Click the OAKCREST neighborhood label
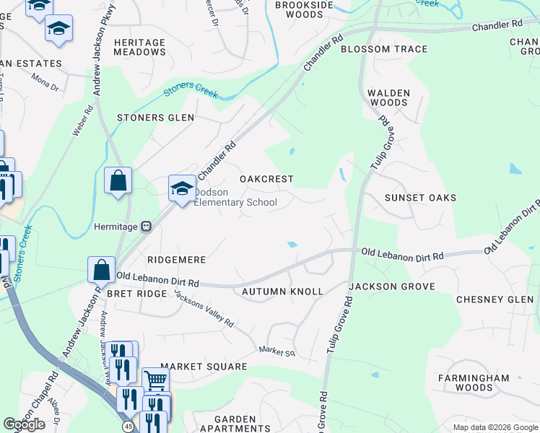tap(266, 178)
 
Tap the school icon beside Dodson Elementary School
tap(182, 189)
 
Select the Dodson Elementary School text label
tap(235, 197)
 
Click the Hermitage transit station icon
tap(146, 226)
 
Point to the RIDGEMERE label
tap(177, 259)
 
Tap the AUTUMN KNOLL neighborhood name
tap(282, 291)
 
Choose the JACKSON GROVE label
tap(392, 287)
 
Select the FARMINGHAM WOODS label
tap(474, 382)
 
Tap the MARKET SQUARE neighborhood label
tap(204, 367)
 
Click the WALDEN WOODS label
tap(388, 97)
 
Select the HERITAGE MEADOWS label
tap(139, 47)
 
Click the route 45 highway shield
tap(128, 427)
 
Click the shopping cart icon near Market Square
tap(155, 380)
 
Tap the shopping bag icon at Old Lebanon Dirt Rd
tap(102, 270)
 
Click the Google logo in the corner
tap(24, 424)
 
